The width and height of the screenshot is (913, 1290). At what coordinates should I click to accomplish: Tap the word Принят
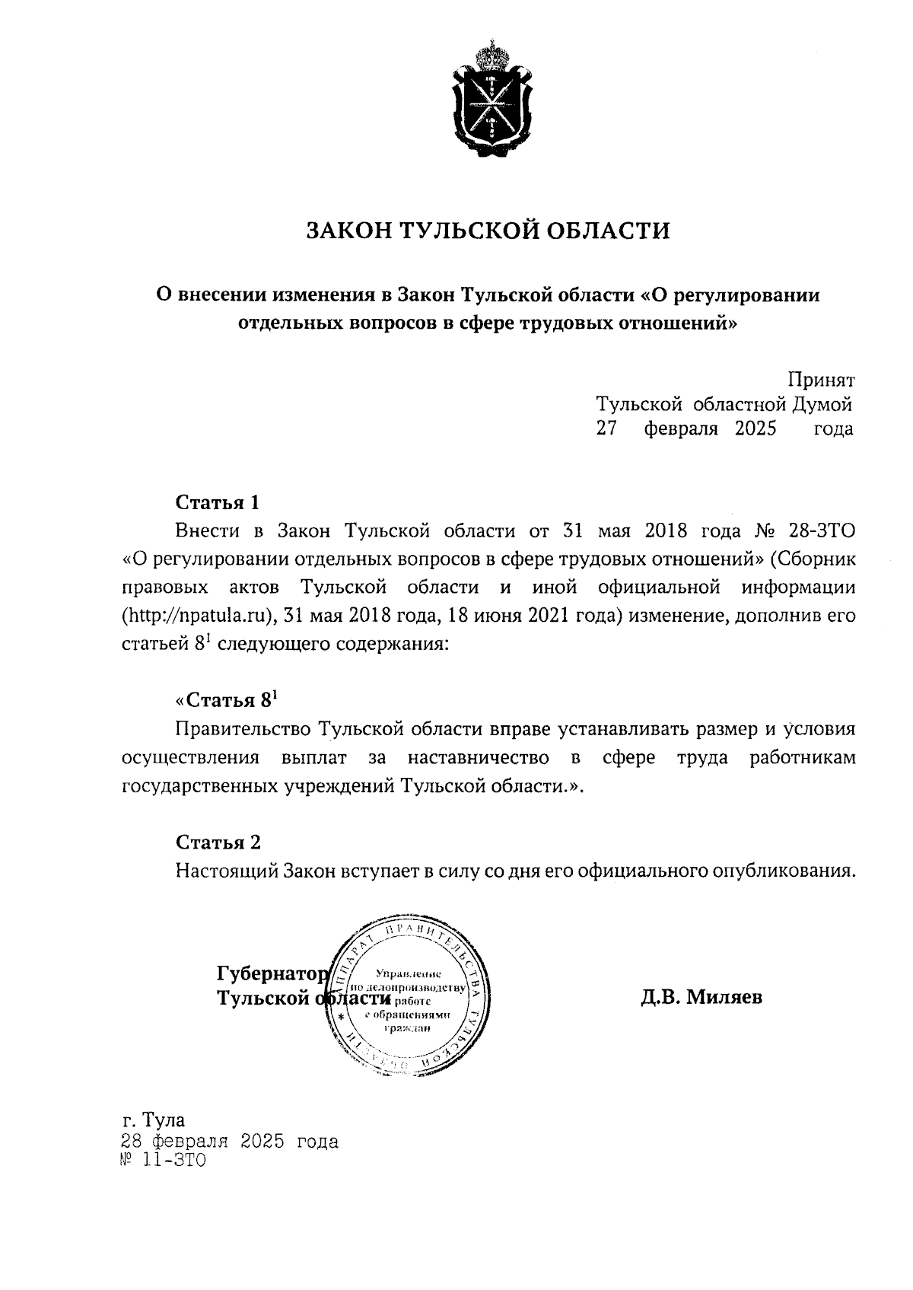pyautogui.click(x=821, y=380)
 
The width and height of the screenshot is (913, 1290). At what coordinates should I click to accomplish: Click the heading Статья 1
pyautogui.click(x=218, y=503)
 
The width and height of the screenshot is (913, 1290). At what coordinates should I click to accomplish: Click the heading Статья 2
pyautogui.click(x=218, y=842)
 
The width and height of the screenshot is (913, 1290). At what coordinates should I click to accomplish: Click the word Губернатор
pyautogui.click(x=272, y=973)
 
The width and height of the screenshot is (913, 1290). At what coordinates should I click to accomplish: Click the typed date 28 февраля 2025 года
pyautogui.click(x=230, y=1142)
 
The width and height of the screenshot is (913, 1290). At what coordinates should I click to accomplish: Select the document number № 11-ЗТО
pyautogui.click(x=163, y=1162)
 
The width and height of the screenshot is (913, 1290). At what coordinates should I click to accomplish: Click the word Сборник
pyautogui.click(x=814, y=559)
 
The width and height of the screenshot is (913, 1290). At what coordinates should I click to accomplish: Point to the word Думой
pyautogui.click(x=822, y=404)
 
